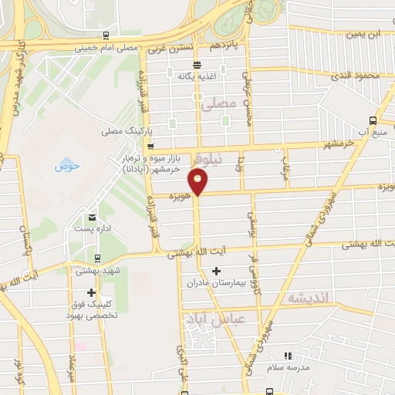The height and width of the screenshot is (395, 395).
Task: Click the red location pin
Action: pos(199,182)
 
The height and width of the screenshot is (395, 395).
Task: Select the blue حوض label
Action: pos(62,165)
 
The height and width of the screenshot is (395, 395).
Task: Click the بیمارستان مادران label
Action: pos(214,283)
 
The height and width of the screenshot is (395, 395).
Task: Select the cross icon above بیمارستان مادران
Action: pos(216,271)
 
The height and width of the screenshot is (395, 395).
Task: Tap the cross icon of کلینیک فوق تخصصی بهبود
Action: pos(92,293)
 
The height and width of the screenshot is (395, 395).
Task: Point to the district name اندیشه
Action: pos(308,297)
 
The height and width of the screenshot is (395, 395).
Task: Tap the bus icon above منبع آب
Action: pos(373,120)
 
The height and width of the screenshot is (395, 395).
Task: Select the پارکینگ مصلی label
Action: pos(123,131)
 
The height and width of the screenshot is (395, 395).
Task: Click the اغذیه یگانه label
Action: pos(194,76)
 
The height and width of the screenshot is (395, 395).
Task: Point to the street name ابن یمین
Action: pos(364,34)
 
